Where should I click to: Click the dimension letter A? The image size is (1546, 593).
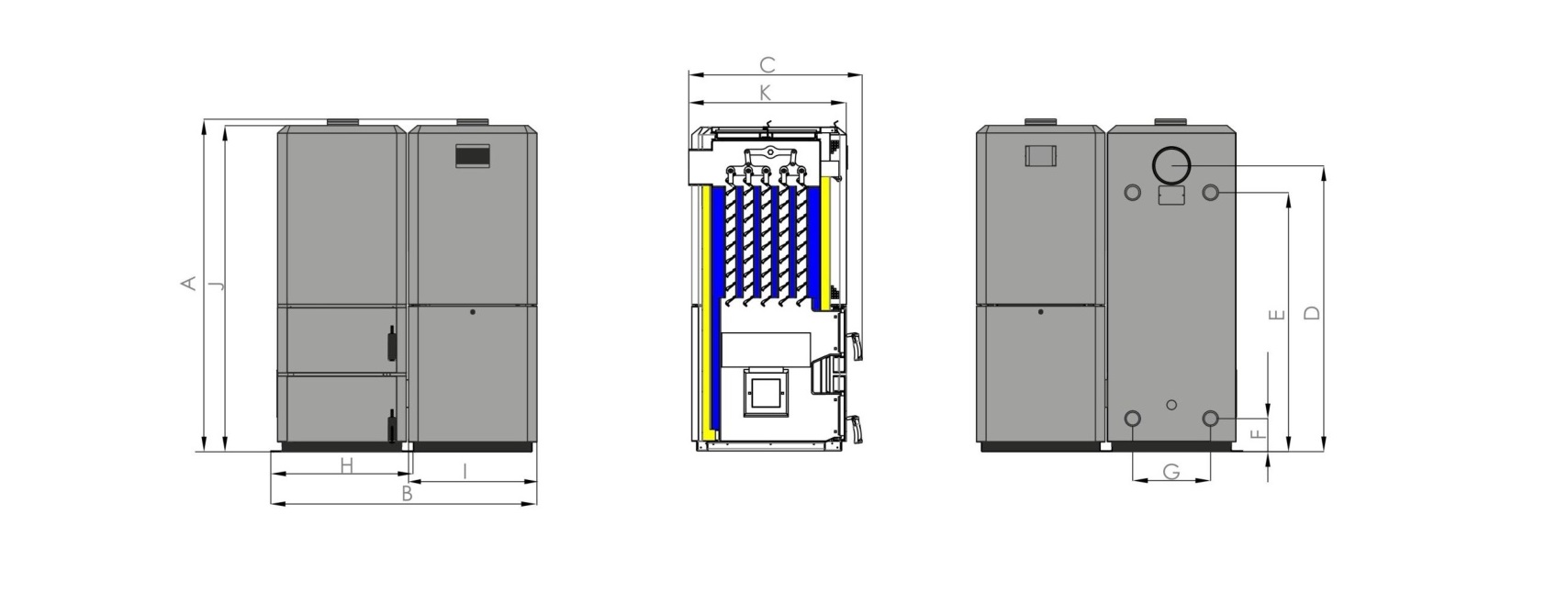[188, 283]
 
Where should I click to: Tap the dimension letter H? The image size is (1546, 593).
[346, 466]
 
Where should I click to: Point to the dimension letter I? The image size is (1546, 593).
[465, 472]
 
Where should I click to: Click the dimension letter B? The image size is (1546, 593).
[408, 494]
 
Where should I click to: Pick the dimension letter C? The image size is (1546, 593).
[767, 65]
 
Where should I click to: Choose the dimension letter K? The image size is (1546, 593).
[765, 94]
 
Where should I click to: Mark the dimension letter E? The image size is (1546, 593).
[1277, 315]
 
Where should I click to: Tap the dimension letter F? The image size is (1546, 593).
[1260, 433]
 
